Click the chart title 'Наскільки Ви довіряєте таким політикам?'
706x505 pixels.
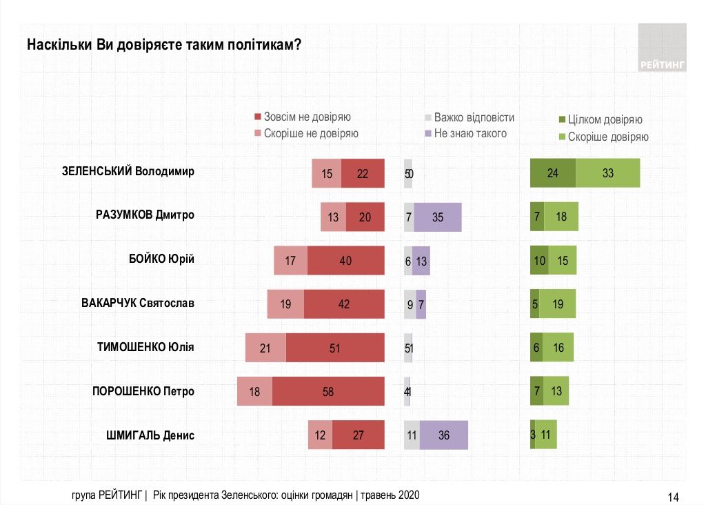click(164, 46)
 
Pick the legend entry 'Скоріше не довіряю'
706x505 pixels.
click(306, 133)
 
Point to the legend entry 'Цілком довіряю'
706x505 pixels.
click(600, 120)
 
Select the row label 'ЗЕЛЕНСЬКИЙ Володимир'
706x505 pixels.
click(128, 171)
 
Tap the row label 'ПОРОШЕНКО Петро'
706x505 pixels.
click(143, 391)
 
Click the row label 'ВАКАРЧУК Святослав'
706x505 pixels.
click(138, 303)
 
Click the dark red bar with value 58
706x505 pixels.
click(327, 391)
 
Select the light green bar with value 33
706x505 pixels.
click(607, 173)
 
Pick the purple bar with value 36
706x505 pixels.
click(443, 435)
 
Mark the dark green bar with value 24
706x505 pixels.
click(552, 173)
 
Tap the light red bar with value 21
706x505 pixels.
click(265, 348)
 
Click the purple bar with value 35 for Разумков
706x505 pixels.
click(437, 217)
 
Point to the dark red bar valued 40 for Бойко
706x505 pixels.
click(345, 261)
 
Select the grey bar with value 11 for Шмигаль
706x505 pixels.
click(412, 435)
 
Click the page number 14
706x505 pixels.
click(674, 497)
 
